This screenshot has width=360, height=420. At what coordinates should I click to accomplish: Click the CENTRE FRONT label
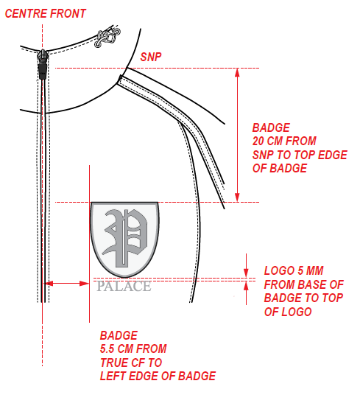click(x=45, y=13)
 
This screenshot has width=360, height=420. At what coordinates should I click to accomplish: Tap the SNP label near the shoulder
click(x=151, y=57)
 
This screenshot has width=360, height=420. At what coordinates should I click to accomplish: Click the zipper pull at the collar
click(x=43, y=64)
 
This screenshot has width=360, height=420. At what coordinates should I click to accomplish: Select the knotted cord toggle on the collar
click(x=107, y=36)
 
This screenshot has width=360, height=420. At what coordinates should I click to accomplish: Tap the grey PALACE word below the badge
click(x=124, y=287)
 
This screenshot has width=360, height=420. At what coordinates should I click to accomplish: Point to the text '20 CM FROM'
click(x=284, y=141)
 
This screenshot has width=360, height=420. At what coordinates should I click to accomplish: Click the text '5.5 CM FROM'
click(x=133, y=349)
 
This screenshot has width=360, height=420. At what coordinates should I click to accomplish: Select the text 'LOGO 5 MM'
click(x=294, y=270)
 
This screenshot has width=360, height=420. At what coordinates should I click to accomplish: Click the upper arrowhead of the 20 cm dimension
click(x=237, y=73)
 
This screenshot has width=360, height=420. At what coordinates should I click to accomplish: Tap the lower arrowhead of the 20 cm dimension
click(x=237, y=197)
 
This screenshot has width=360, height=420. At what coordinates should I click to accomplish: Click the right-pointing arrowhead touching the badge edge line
click(x=85, y=284)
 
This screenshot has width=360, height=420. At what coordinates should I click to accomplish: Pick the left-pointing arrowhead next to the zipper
click(x=49, y=284)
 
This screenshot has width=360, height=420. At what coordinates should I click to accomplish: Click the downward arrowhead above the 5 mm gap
click(x=246, y=273)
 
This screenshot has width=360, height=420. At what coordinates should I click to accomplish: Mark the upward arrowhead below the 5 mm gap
click(x=246, y=286)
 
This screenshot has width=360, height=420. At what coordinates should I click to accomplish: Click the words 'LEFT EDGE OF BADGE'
click(x=158, y=376)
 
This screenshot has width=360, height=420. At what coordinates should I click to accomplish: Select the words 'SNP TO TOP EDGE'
click(x=300, y=155)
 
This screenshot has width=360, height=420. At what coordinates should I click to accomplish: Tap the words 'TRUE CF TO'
click(x=131, y=363)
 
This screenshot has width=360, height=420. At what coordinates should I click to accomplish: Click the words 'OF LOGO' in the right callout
click(x=288, y=312)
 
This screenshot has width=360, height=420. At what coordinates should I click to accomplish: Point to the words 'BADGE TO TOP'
click(x=303, y=298)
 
